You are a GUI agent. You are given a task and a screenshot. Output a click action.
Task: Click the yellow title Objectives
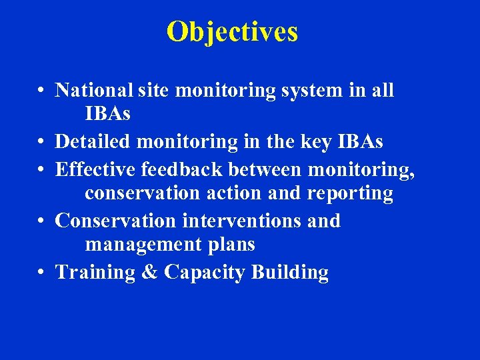(232, 31)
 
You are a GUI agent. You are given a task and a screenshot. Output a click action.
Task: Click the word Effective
(96, 169)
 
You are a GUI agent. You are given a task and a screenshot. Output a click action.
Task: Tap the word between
(265, 169)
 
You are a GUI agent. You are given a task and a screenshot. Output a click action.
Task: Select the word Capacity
(205, 272)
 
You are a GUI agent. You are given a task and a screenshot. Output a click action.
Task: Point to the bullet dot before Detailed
(41, 143)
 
